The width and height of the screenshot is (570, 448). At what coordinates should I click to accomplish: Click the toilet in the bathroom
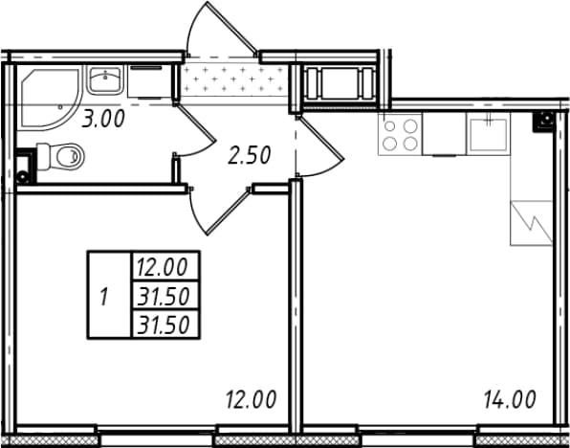60,157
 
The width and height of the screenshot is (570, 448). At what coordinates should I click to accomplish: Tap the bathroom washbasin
105,79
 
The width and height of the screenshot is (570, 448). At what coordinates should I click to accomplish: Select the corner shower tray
50,99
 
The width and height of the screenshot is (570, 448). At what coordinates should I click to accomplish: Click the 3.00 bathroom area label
103,119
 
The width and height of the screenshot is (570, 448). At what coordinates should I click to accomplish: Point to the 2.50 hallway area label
250,155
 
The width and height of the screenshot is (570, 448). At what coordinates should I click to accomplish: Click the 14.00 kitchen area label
510,399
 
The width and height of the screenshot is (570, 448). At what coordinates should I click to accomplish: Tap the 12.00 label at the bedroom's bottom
252,399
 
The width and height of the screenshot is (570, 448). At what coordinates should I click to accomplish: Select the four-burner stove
400,134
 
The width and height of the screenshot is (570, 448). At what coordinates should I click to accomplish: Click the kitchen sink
488,134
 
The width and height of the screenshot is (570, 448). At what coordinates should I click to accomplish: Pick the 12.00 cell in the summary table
165,266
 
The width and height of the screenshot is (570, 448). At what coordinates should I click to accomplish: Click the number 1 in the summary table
104,297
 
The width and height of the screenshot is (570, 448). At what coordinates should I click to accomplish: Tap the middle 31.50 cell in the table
165,296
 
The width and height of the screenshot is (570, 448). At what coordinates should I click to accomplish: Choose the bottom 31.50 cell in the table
165,325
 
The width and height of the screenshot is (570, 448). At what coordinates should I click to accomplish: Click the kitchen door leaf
320,137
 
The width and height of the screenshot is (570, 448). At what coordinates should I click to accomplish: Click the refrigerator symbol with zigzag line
532,223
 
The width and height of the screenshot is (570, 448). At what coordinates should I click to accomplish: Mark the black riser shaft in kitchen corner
544,122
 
